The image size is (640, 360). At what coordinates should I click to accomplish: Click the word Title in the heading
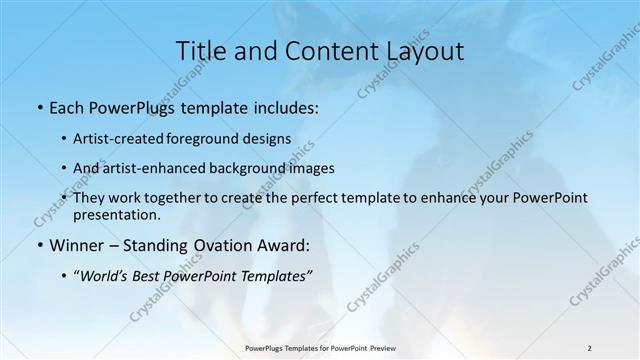(199, 51)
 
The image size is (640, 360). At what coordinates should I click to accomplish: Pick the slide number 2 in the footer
(589, 348)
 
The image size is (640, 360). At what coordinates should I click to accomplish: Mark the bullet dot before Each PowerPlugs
(39, 108)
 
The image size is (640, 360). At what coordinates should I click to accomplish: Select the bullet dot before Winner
(39, 244)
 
